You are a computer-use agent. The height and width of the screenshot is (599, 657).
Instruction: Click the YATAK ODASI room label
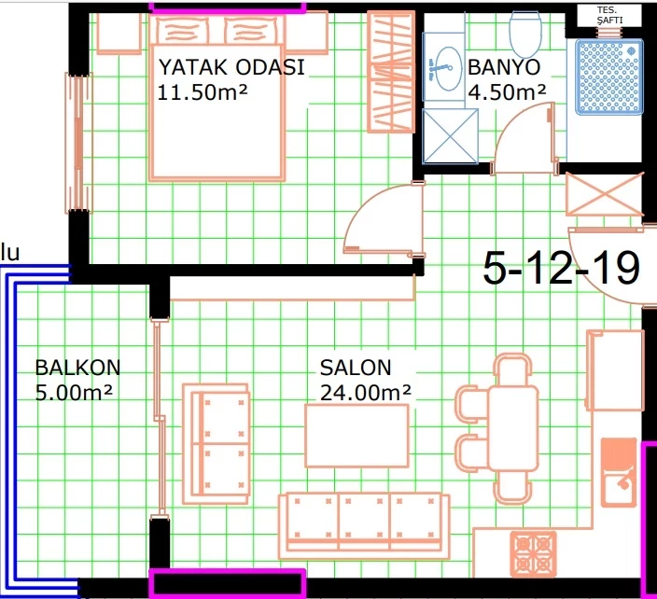[231, 67]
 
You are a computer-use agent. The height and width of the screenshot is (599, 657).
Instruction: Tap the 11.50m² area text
[203, 91]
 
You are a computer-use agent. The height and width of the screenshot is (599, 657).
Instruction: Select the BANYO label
[504, 67]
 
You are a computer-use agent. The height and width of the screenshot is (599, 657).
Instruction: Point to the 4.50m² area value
[507, 92]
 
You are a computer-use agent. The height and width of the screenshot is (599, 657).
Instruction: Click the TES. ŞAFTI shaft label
[609, 16]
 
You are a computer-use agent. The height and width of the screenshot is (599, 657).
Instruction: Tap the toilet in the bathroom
[524, 34]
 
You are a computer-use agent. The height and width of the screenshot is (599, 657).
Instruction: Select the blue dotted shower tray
[608, 77]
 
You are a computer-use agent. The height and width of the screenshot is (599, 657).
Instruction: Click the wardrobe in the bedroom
[391, 72]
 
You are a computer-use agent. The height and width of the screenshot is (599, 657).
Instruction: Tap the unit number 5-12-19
[562, 269]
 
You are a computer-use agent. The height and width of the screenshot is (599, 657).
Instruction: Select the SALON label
[356, 368]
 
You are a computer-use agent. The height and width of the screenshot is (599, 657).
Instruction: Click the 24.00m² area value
[366, 393]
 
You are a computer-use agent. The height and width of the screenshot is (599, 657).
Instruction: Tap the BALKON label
[77, 368]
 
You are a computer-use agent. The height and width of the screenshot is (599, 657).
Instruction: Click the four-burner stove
[534, 554]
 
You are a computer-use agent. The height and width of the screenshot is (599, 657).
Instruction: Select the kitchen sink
[620, 473]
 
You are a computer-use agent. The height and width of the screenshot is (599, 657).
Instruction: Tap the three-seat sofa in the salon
[364, 526]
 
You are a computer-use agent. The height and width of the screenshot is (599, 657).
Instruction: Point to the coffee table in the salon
[356, 436]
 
